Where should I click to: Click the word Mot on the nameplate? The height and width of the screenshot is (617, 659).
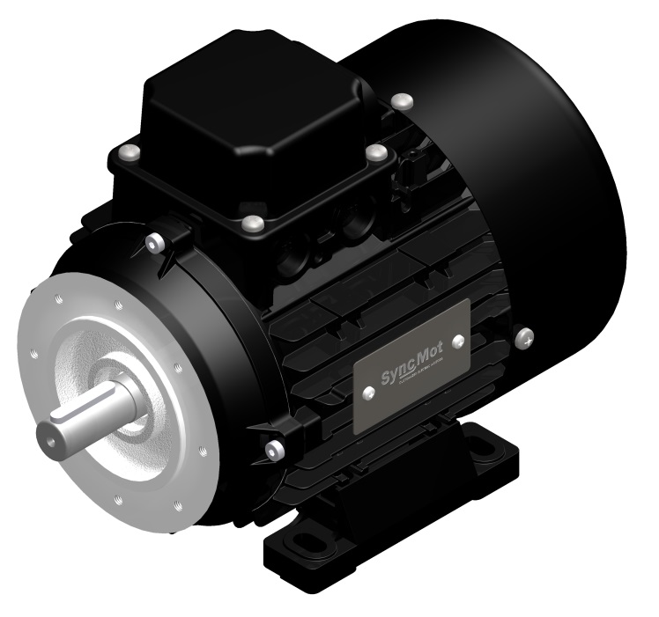tap(428, 362)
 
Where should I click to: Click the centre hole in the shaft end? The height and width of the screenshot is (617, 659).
tap(48, 437)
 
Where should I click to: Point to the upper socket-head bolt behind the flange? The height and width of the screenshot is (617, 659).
tap(158, 242)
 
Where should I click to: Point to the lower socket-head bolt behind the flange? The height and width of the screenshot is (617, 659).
tap(274, 452)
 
